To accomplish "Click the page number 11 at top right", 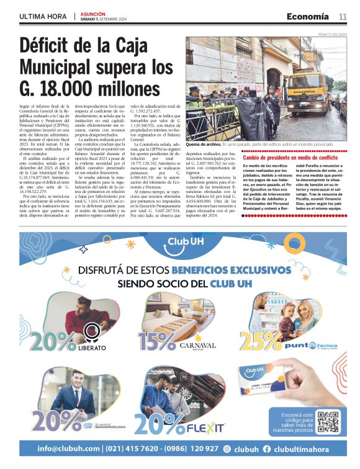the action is [x=342, y=16].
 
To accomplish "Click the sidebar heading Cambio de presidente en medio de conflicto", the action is [x=294, y=158].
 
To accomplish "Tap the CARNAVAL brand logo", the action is [x=197, y=346].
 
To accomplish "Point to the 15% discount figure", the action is [x=156, y=341].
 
